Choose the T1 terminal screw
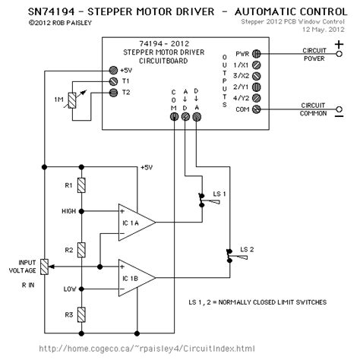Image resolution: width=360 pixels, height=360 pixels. (x=115, y=80)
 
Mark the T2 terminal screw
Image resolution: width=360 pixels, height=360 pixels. (x=115, y=92)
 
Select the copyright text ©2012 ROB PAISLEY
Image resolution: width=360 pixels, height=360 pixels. (x=45, y=23)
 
